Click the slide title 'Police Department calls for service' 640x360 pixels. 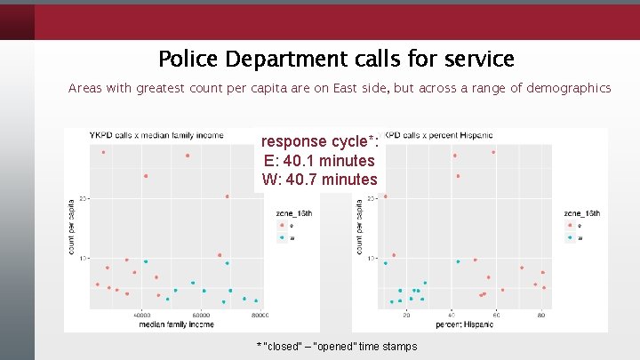pyautogui.click(x=336, y=60)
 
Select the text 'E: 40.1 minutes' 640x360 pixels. pyautogui.click(x=320, y=161)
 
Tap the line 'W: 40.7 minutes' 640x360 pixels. pyautogui.click(x=320, y=180)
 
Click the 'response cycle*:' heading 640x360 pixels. pyautogui.click(x=320, y=142)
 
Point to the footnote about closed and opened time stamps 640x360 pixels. pyautogui.click(x=336, y=346)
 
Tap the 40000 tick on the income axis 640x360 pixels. pyautogui.click(x=141, y=315)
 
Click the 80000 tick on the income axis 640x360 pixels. pyautogui.click(x=259, y=315)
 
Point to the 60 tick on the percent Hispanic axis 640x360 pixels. pyautogui.click(x=497, y=315)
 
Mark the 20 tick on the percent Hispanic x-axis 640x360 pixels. pyautogui.click(x=406, y=315)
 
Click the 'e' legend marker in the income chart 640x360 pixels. pyautogui.click(x=282, y=226)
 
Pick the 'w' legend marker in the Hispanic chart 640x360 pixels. pyautogui.click(x=570, y=237)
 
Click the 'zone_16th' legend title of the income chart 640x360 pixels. pyautogui.click(x=294, y=213)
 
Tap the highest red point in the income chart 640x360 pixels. pyautogui.click(x=103, y=152)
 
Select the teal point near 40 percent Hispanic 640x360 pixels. pyautogui.click(x=458, y=261)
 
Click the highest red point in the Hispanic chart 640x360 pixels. pyautogui.click(x=493, y=152)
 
